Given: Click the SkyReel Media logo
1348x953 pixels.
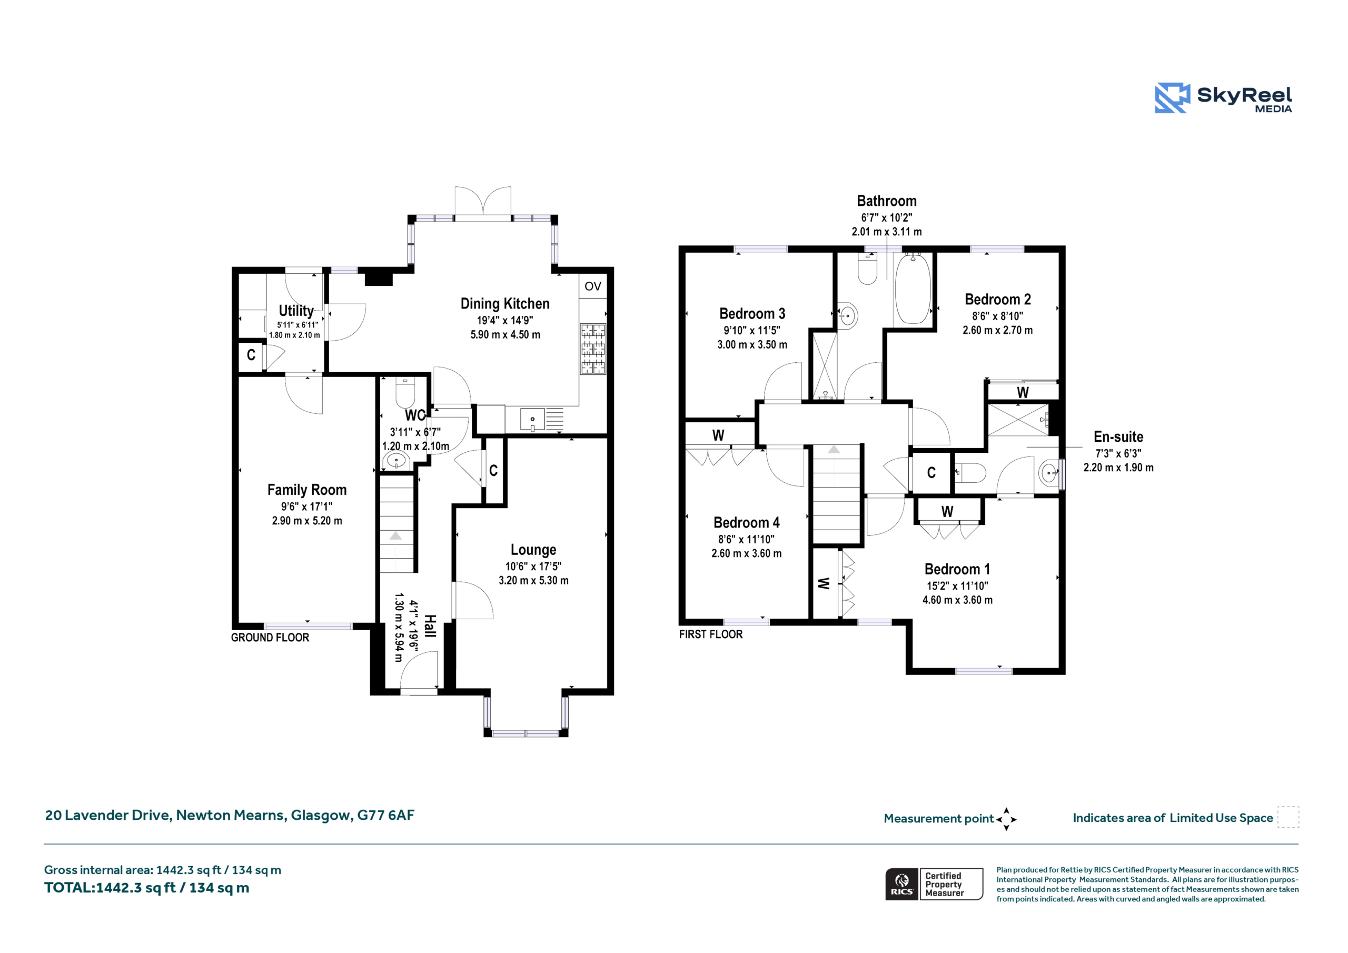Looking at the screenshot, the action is click(1224, 97).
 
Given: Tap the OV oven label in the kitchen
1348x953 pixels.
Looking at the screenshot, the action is click(592, 286).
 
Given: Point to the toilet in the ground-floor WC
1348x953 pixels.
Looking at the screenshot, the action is click(405, 392).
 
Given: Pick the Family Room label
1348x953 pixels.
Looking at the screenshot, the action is click(306, 490).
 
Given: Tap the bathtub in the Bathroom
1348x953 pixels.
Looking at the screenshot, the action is click(913, 289).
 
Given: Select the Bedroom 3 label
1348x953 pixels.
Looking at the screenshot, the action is click(752, 314).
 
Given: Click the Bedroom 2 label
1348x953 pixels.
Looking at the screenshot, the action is click(997, 299).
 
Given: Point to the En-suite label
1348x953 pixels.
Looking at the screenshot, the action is click(1118, 437).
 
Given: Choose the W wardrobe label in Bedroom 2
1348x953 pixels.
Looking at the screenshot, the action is click(1022, 392).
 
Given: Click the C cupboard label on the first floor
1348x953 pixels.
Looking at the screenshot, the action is click(931, 473).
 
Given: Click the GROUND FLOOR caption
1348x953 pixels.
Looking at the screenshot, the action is click(270, 638).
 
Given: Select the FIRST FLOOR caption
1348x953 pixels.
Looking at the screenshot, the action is click(710, 634).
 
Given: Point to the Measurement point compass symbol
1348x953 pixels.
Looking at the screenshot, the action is click(1006, 819).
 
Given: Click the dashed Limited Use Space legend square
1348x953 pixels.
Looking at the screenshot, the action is click(1288, 817).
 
